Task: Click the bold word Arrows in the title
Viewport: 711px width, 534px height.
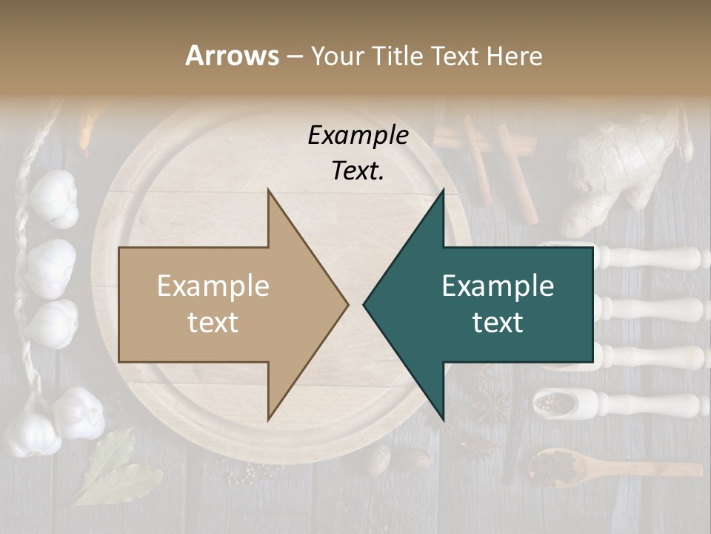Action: (233, 56)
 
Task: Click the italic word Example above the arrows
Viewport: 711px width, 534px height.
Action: (358, 136)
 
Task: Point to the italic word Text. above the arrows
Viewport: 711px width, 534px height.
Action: (358, 171)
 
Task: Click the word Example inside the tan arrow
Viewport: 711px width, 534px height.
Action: (213, 286)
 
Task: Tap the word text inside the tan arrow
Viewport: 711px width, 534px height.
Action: (213, 323)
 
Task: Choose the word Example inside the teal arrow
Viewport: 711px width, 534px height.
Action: (498, 286)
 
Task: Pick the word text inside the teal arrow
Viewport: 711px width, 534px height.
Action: (498, 323)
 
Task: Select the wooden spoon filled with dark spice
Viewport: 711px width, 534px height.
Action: (552, 467)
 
